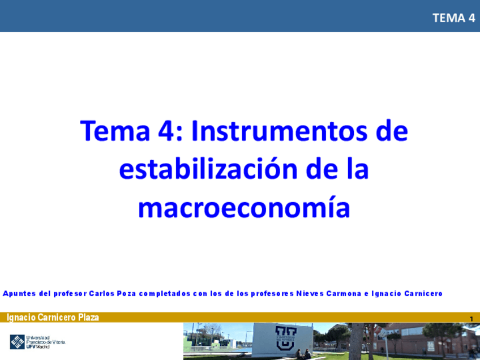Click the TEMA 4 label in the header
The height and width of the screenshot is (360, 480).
[x=453, y=18]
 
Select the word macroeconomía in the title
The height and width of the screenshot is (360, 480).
[x=244, y=208]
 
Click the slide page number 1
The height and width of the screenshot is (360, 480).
[x=471, y=319]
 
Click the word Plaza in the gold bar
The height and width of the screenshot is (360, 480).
[x=86, y=318]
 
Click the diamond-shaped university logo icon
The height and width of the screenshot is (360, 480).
[x=18, y=342]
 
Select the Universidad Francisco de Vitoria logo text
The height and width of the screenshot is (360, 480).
[x=45, y=342]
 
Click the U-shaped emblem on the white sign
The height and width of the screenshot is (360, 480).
[x=285, y=336]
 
